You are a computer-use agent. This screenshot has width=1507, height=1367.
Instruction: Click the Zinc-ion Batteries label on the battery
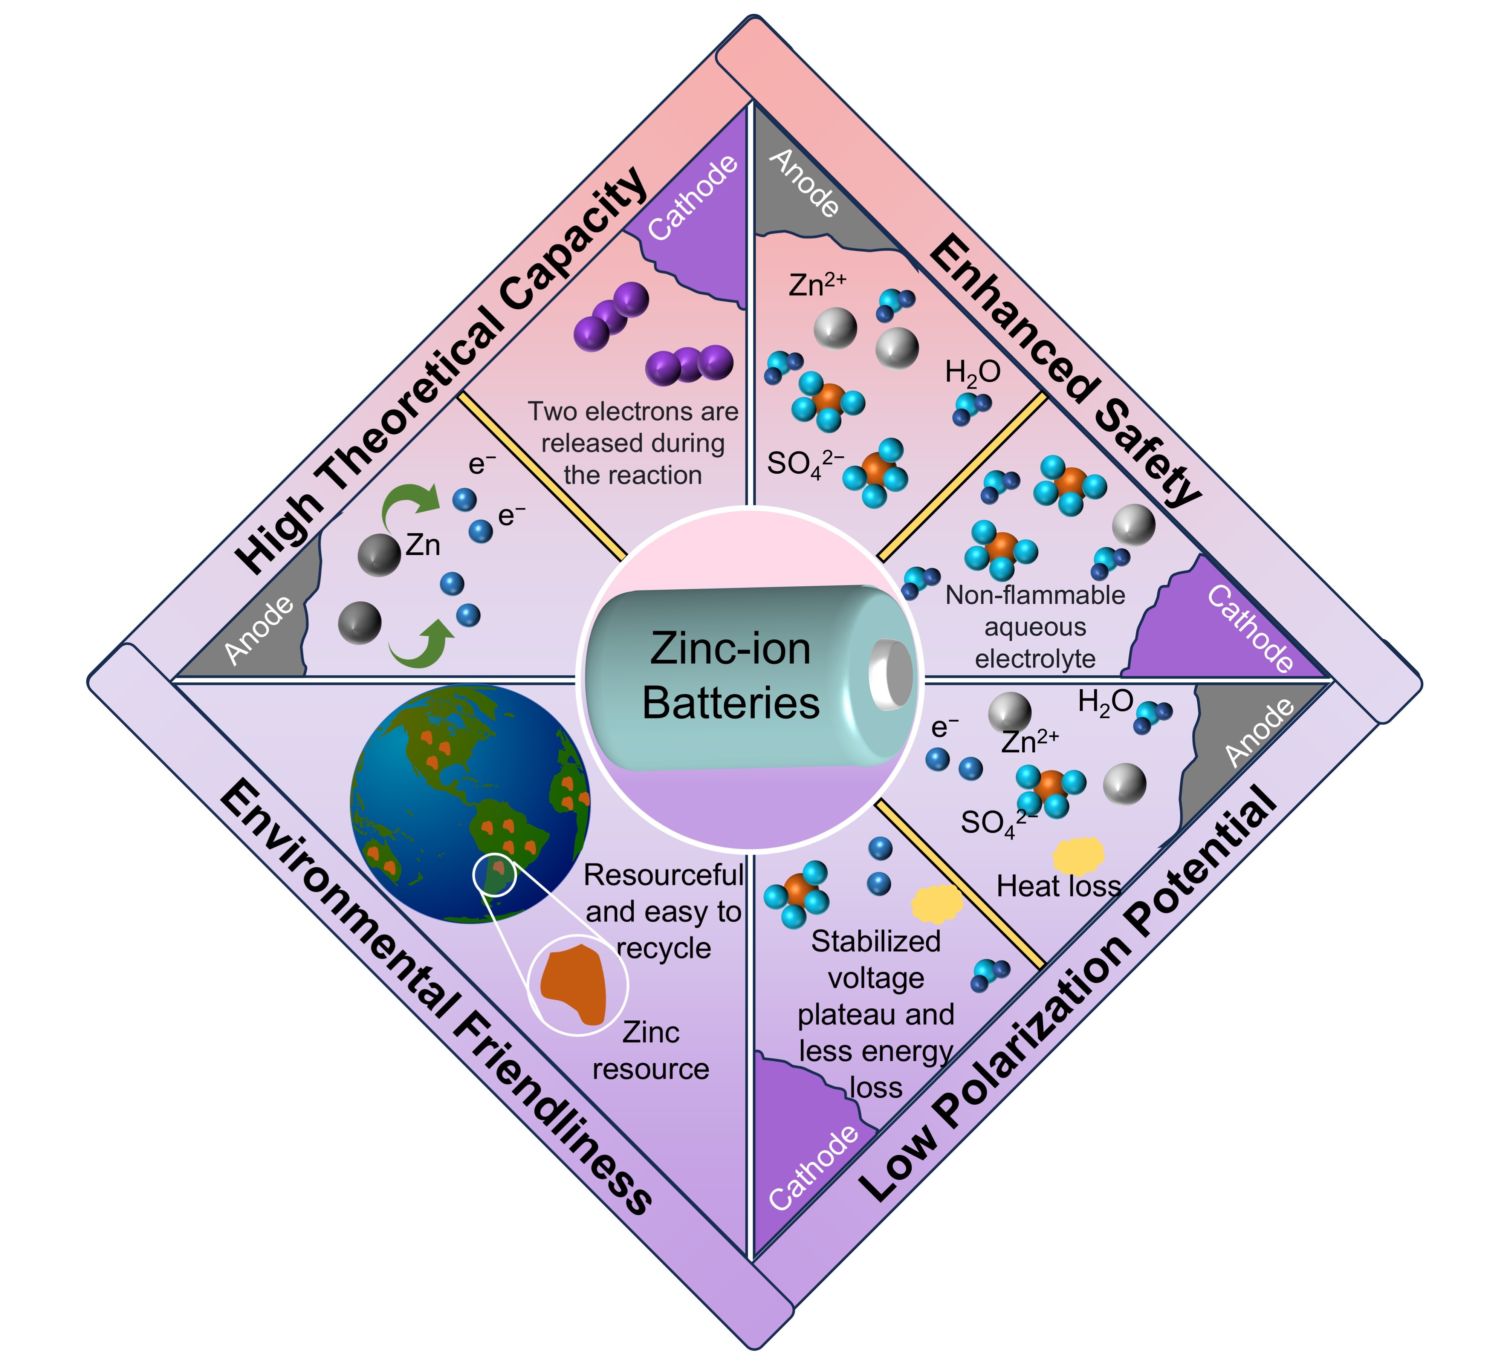(x=730, y=676)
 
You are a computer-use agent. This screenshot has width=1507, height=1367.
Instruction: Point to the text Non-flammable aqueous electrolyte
(x=1035, y=626)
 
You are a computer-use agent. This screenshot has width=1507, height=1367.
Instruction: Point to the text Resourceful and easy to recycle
(x=663, y=912)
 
